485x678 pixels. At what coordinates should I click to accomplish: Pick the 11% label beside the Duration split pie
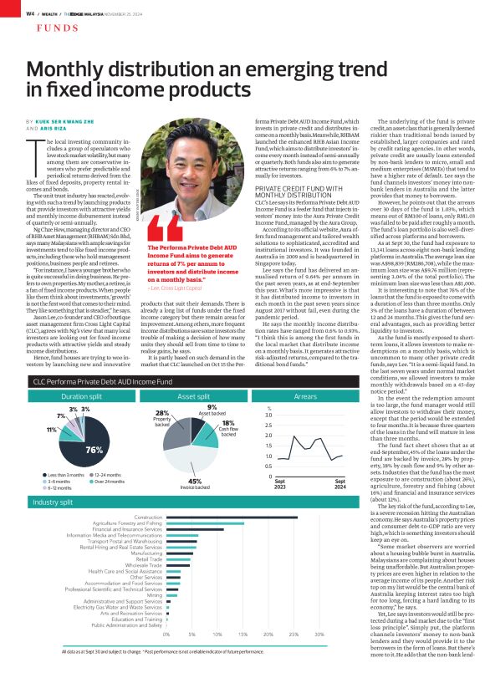pos(50,429)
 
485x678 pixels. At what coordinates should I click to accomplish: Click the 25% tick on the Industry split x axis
pos(294,635)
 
